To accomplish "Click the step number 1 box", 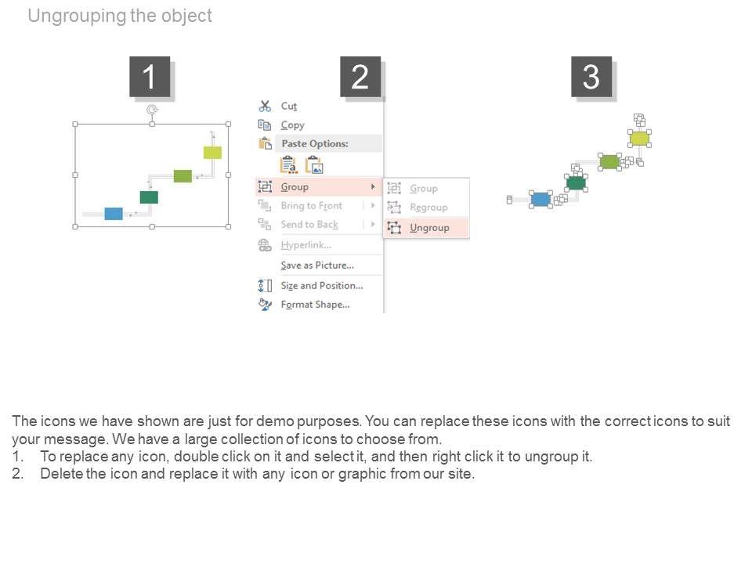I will click(149, 78).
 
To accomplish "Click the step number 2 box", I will click(360, 78).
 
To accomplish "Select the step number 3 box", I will click(591, 78).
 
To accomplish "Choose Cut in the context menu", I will click(289, 106).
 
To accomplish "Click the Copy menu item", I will click(292, 125).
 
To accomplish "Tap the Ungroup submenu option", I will click(429, 228).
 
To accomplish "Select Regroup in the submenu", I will click(428, 208).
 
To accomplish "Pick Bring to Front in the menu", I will click(311, 206).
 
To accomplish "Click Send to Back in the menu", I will click(309, 225).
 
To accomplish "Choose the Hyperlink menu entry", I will click(306, 245).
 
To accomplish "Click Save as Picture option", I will click(317, 266).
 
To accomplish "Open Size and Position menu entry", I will click(321, 286).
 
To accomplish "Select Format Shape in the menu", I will click(315, 305).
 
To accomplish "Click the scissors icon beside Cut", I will click(265, 106).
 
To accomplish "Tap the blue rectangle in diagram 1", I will click(114, 213).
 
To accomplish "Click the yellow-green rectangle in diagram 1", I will click(212, 152).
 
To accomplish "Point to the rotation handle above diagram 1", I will click(152, 111).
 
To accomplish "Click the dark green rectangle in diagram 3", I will click(576, 183).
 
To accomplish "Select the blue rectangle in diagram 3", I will click(540, 199).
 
